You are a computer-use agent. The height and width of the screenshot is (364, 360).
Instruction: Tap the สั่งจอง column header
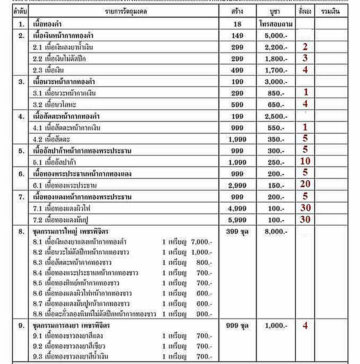pos(304,11)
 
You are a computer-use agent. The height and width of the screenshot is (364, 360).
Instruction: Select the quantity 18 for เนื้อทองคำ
pos(237,24)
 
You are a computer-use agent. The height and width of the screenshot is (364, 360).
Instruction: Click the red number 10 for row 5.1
pos(305,162)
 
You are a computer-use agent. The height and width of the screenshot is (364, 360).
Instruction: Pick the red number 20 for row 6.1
pos(305,185)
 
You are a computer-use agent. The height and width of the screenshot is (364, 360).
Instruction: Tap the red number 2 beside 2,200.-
pos(305,47)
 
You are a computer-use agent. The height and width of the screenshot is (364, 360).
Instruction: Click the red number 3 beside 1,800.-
pos(305,59)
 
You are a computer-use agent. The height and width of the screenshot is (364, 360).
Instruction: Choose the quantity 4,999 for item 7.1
pos(237,208)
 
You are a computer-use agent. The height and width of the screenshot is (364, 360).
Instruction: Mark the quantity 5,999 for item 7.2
pos(237,220)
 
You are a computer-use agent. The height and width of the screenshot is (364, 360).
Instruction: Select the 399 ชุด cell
pos(237,232)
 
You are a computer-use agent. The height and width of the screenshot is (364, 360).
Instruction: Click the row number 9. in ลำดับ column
pos(21,326)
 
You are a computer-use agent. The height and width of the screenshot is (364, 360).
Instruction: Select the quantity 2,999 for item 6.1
pos(237,185)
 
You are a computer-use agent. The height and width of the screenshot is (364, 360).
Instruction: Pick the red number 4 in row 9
pos(305,326)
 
